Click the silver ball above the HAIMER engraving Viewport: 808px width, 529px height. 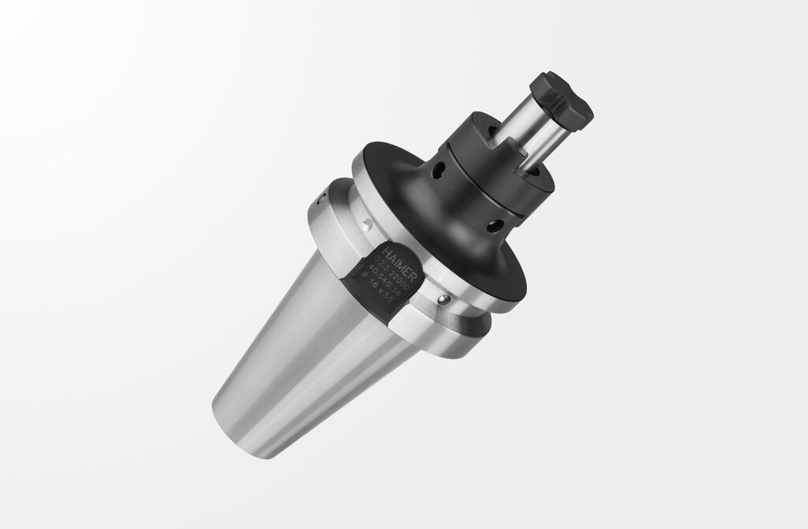[365, 227]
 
